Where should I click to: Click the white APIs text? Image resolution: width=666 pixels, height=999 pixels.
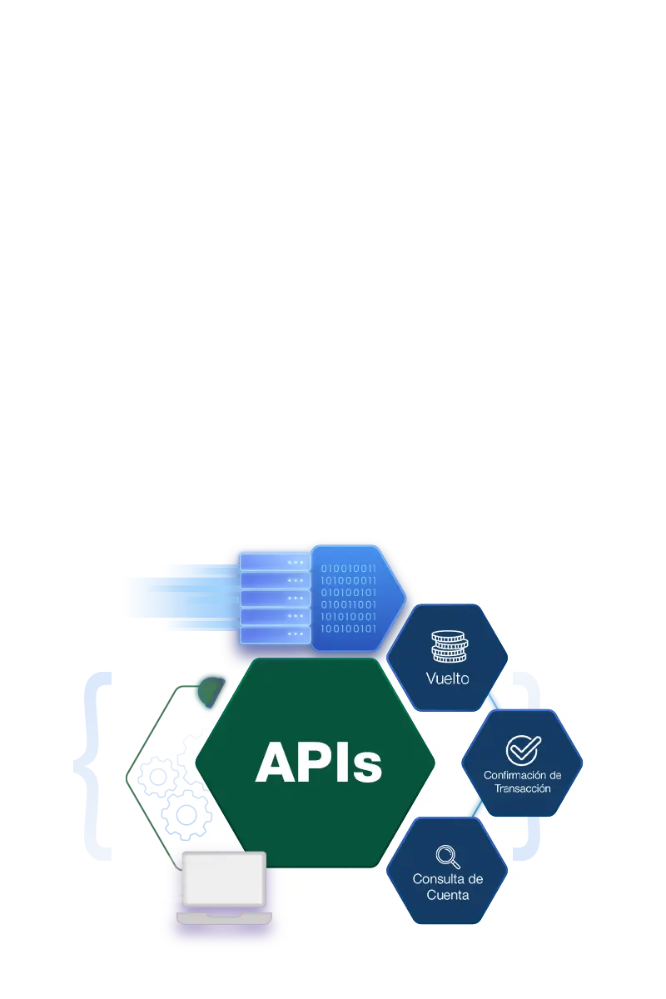click(x=319, y=763)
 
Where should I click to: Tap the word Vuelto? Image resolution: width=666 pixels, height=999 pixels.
click(x=448, y=678)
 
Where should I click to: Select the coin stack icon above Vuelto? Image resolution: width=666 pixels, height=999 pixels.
click(x=448, y=647)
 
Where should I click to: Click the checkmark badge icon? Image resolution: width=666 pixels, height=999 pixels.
click(x=523, y=749)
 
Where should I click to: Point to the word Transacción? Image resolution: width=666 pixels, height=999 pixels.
click(x=523, y=788)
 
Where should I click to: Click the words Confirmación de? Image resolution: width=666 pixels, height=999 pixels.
click(x=523, y=775)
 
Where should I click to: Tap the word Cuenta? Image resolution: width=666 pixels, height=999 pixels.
click(x=448, y=895)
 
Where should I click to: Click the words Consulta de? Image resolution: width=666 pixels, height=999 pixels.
click(x=448, y=879)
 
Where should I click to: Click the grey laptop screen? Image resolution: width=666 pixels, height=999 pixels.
click(x=224, y=879)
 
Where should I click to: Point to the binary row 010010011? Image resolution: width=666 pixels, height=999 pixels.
click(x=349, y=569)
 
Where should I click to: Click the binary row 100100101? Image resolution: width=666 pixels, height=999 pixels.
click(x=349, y=629)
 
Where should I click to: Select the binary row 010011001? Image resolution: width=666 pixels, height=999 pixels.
click(x=349, y=604)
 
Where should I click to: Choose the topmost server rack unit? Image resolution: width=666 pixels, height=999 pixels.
click(x=274, y=563)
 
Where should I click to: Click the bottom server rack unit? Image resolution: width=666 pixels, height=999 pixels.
click(x=274, y=634)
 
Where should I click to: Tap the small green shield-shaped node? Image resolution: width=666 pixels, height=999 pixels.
click(x=210, y=689)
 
